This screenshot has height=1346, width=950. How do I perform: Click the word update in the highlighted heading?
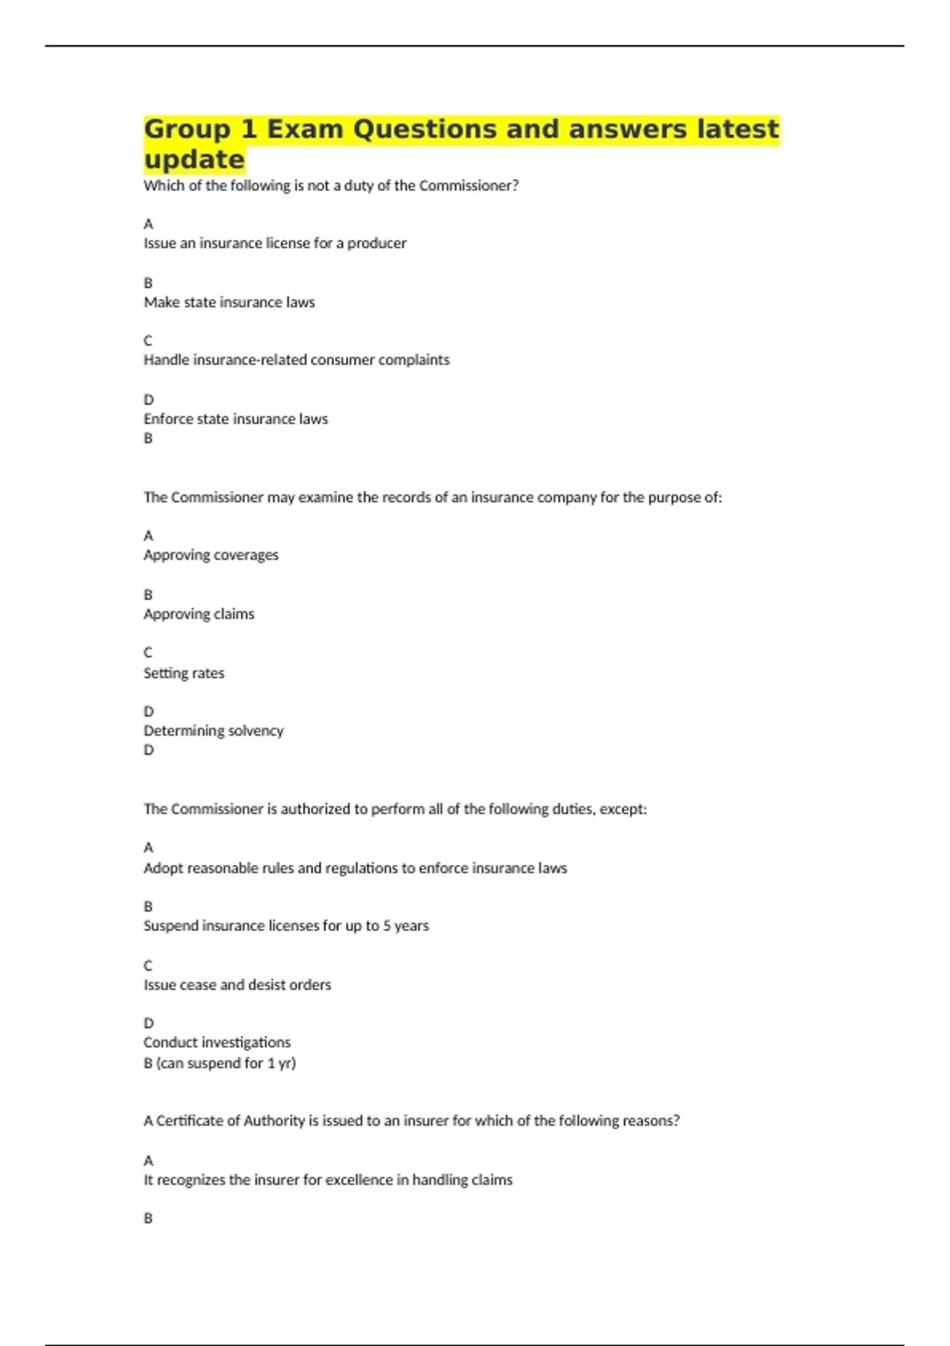pyautogui.click(x=194, y=159)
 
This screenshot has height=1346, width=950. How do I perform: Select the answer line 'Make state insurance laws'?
pyautogui.click(x=229, y=302)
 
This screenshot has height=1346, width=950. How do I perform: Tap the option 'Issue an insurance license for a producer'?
pyautogui.click(x=275, y=243)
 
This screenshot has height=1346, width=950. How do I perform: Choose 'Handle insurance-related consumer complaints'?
pyautogui.click(x=296, y=359)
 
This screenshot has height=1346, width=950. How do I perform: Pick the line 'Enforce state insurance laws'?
pyautogui.click(x=235, y=419)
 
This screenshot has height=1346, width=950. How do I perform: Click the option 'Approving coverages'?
pyautogui.click(x=211, y=555)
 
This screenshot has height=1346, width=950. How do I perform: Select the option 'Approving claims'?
pyautogui.click(x=199, y=614)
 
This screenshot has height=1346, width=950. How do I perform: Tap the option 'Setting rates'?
pyautogui.click(x=184, y=673)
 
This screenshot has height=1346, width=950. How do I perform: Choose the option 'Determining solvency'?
pyautogui.click(x=213, y=730)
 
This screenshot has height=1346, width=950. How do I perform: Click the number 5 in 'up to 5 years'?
pyautogui.click(x=386, y=926)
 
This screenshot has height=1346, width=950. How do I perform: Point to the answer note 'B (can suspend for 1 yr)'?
pyautogui.click(x=219, y=1063)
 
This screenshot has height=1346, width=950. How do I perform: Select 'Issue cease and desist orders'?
pyautogui.click(x=237, y=985)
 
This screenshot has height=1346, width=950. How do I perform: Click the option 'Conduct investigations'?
pyautogui.click(x=217, y=1042)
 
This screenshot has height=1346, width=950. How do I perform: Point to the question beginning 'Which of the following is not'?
pyautogui.click(x=331, y=185)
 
